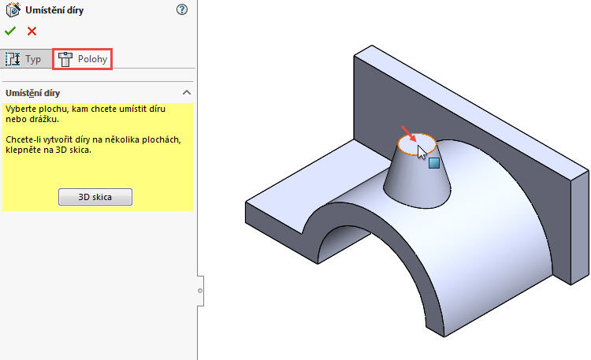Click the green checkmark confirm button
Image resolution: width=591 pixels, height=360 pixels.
[9, 32]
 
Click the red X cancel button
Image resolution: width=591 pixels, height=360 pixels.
[32, 32]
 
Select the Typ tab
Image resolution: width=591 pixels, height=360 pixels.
[24, 59]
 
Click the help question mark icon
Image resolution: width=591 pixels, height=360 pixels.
[182, 9]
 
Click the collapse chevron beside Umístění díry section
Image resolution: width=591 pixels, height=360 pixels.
[186, 93]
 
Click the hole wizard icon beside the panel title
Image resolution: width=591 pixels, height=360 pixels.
[13, 10]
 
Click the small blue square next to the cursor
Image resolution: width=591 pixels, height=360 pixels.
[433, 163]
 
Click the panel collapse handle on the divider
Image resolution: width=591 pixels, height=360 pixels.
[200, 291]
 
